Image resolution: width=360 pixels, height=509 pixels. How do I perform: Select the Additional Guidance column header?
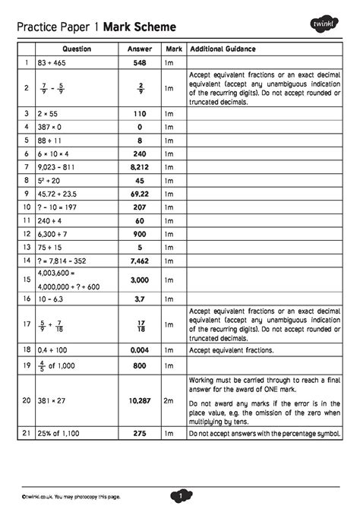tap(223, 49)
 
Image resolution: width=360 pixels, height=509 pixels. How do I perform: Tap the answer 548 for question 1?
tap(139, 62)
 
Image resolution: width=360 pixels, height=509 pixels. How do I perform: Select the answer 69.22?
tap(139, 194)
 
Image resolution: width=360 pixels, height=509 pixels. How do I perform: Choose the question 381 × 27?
tap(50, 400)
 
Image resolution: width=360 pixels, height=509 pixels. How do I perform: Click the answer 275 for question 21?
tap(139, 433)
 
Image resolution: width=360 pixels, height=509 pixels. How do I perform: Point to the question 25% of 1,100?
tap(56, 433)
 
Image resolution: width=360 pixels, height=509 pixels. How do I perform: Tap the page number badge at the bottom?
tap(181, 495)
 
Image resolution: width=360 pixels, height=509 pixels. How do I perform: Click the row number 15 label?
tap(26, 280)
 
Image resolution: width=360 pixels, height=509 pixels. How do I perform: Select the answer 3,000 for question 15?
tap(139, 280)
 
